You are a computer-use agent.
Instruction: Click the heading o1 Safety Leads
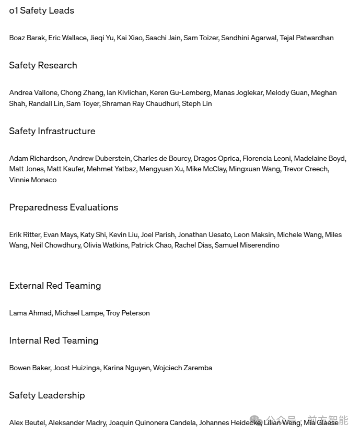point(41,10)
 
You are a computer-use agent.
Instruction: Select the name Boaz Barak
point(27,38)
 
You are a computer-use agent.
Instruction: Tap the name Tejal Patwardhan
point(306,38)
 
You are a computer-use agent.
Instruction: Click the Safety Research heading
point(43,65)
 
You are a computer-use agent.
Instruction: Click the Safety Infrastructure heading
point(52,131)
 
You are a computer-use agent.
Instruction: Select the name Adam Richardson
point(38,158)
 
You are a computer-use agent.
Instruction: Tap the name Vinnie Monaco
point(32,180)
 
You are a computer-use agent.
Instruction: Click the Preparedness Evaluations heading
point(63,207)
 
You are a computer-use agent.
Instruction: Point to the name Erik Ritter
point(25,234)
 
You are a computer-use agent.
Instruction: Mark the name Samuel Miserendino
point(247,245)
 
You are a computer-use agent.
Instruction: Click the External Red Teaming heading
point(55,286)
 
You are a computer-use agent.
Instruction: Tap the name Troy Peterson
point(128,313)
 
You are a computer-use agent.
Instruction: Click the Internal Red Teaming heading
point(53,340)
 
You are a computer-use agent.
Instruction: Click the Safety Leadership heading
point(47,395)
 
